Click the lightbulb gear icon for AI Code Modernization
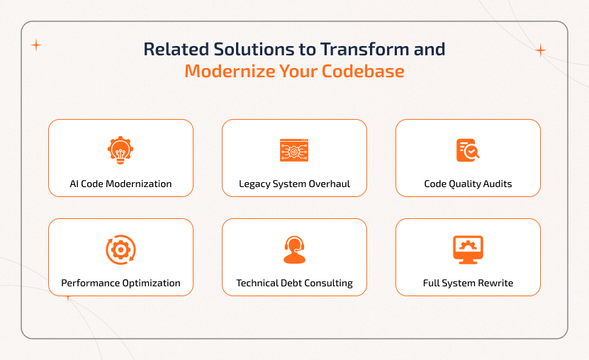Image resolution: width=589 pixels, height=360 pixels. click(x=120, y=150)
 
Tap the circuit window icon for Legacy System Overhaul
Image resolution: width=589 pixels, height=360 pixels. click(x=294, y=150)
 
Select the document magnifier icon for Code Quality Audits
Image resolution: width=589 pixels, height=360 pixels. click(x=468, y=150)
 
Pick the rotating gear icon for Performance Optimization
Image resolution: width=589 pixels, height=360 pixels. click(x=120, y=249)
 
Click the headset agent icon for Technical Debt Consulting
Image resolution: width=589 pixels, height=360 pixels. click(x=294, y=249)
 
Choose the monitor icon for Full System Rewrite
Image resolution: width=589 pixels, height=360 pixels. click(x=468, y=249)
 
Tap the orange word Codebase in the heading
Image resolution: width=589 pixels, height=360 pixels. click(x=369, y=72)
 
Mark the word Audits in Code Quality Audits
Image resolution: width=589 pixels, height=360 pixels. click(x=496, y=184)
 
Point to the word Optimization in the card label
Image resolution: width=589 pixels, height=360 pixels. click(x=150, y=283)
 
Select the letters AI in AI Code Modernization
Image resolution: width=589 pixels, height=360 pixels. click(x=74, y=184)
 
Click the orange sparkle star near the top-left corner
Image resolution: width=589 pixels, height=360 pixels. click(x=36, y=45)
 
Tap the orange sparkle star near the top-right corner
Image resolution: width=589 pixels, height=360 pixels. click(x=540, y=50)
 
